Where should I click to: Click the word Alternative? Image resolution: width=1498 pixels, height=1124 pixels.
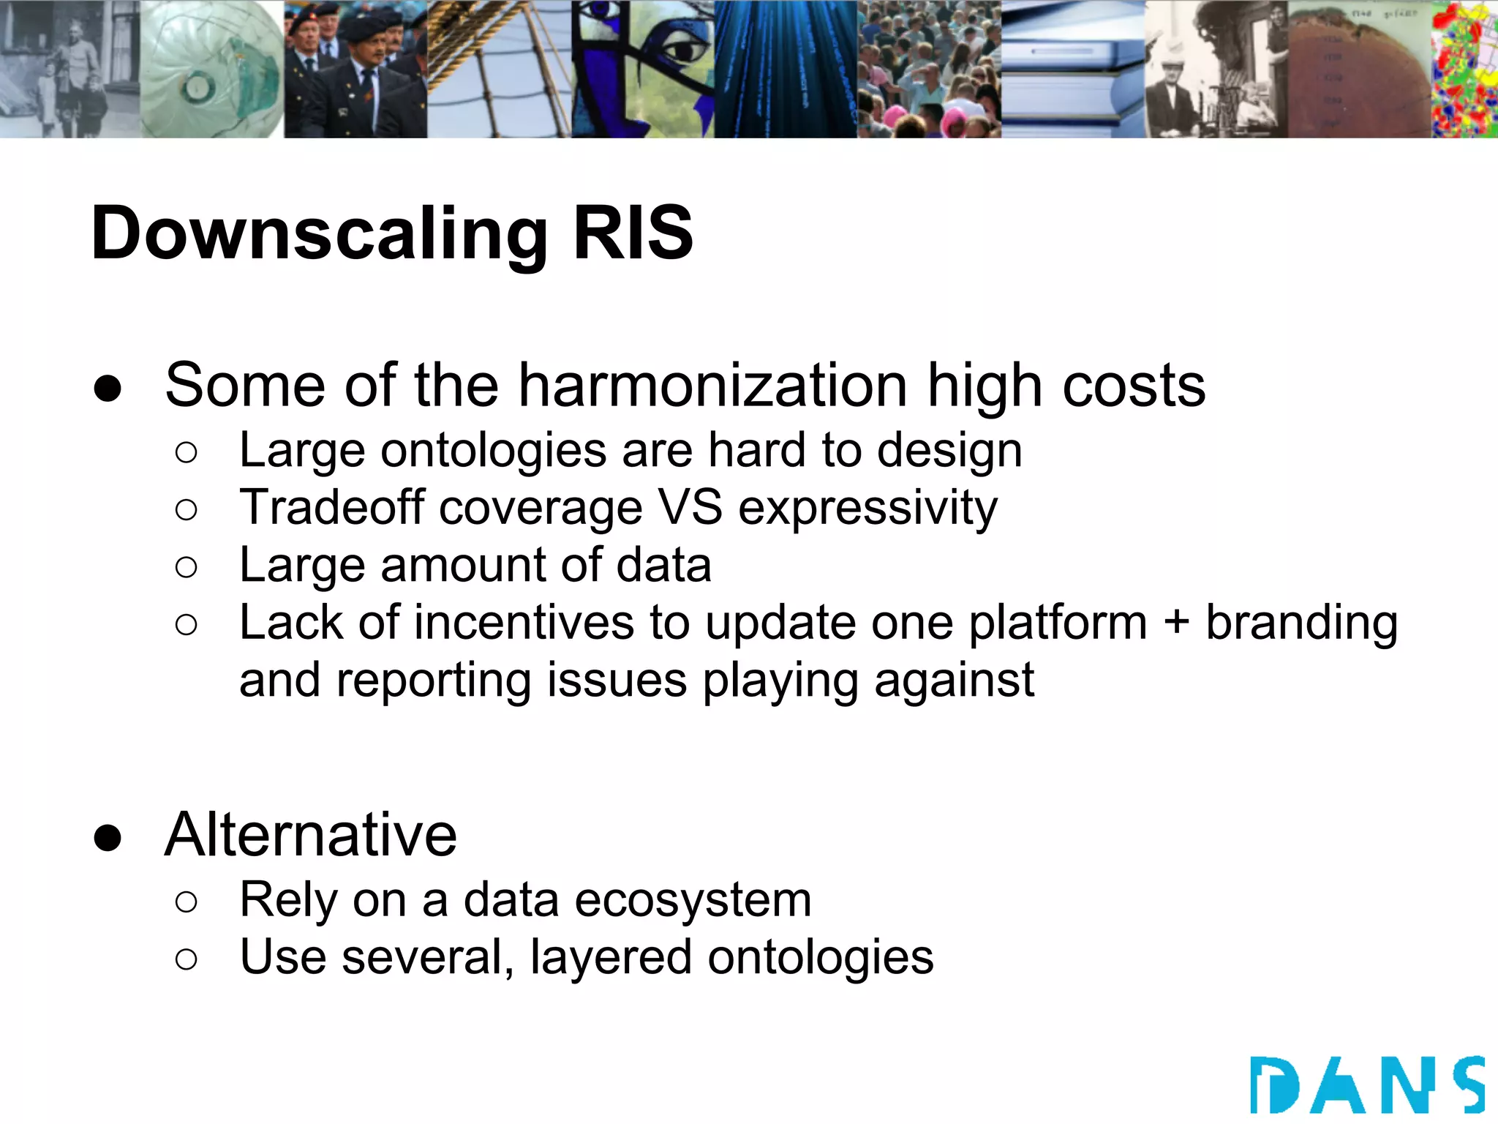click(311, 835)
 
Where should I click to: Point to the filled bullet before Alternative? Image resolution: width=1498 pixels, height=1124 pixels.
click(108, 837)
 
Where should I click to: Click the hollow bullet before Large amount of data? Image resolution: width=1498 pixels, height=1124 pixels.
click(187, 567)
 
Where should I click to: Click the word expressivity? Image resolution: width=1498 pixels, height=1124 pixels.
click(867, 509)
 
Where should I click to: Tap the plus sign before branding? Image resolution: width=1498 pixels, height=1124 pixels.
click(1176, 623)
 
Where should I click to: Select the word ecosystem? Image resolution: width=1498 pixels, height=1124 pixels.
click(693, 900)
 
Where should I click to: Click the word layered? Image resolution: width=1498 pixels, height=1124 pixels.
click(610, 958)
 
